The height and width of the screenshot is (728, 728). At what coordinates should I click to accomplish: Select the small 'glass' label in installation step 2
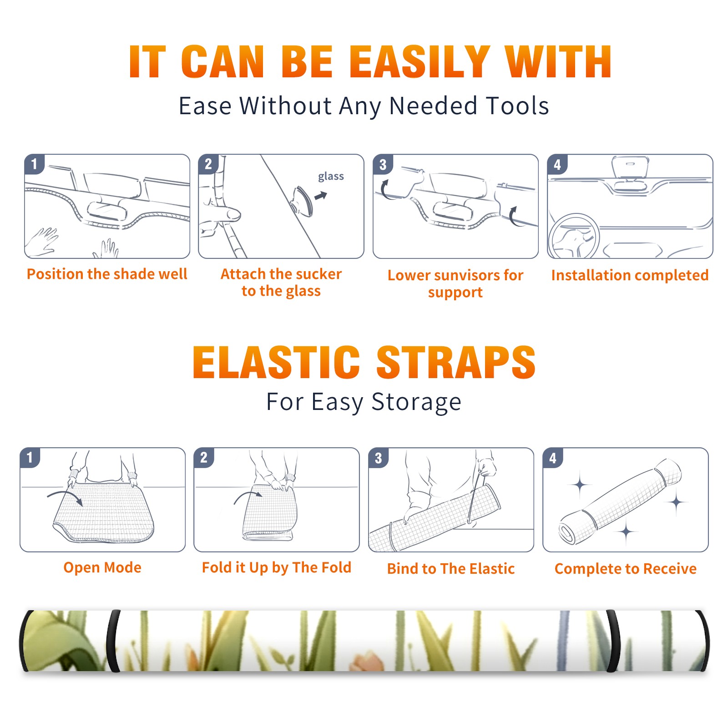point(331,177)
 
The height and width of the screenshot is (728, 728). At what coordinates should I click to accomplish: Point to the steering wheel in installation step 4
point(574,237)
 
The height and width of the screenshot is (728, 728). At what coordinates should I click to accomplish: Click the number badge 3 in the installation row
point(383,164)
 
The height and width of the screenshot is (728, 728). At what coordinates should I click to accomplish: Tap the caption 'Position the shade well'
point(107,274)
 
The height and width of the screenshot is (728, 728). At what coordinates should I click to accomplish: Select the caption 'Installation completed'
point(630,275)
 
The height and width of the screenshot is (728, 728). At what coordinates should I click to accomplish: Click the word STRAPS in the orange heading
point(456,362)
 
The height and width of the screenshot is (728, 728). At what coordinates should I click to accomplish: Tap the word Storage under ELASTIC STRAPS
point(416,402)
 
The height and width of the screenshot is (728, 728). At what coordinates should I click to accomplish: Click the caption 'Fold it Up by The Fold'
point(277,567)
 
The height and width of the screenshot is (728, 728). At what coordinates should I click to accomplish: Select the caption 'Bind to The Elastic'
point(451,568)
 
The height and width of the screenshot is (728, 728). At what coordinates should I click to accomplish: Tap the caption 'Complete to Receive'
point(626,568)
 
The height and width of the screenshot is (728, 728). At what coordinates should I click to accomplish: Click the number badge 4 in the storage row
point(553,458)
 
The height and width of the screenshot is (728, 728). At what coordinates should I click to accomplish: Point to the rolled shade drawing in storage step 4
point(621,501)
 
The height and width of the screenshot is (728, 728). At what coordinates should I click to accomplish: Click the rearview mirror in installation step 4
point(630,167)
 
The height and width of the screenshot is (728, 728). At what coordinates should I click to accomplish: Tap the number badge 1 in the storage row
point(30,457)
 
